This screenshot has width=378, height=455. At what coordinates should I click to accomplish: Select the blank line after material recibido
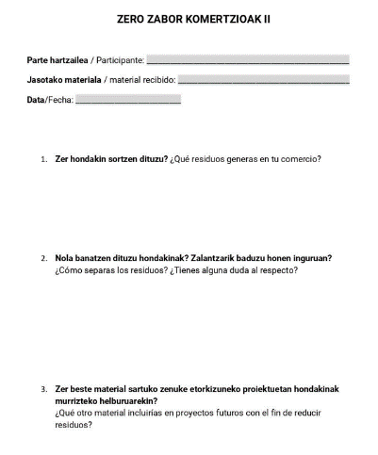click(x=263, y=80)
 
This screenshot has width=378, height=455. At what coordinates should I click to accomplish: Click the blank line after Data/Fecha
click(x=127, y=100)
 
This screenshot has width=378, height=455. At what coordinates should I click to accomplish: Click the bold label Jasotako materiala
click(x=65, y=80)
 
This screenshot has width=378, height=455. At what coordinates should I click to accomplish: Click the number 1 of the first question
click(x=43, y=158)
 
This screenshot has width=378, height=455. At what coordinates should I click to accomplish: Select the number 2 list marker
click(x=43, y=258)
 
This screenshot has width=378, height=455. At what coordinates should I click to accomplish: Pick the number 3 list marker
click(x=43, y=388)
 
